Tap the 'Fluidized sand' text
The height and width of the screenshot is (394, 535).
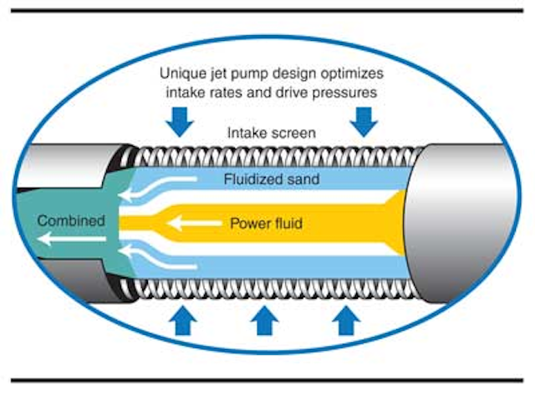click(x=272, y=179)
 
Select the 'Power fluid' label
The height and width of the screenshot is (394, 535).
click(x=267, y=224)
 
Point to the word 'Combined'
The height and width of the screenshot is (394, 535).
click(x=71, y=221)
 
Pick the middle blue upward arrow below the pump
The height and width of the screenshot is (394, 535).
click(x=265, y=321)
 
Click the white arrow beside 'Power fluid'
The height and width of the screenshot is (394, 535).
click(x=191, y=224)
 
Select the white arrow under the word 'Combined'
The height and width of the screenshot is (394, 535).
click(x=71, y=240)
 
